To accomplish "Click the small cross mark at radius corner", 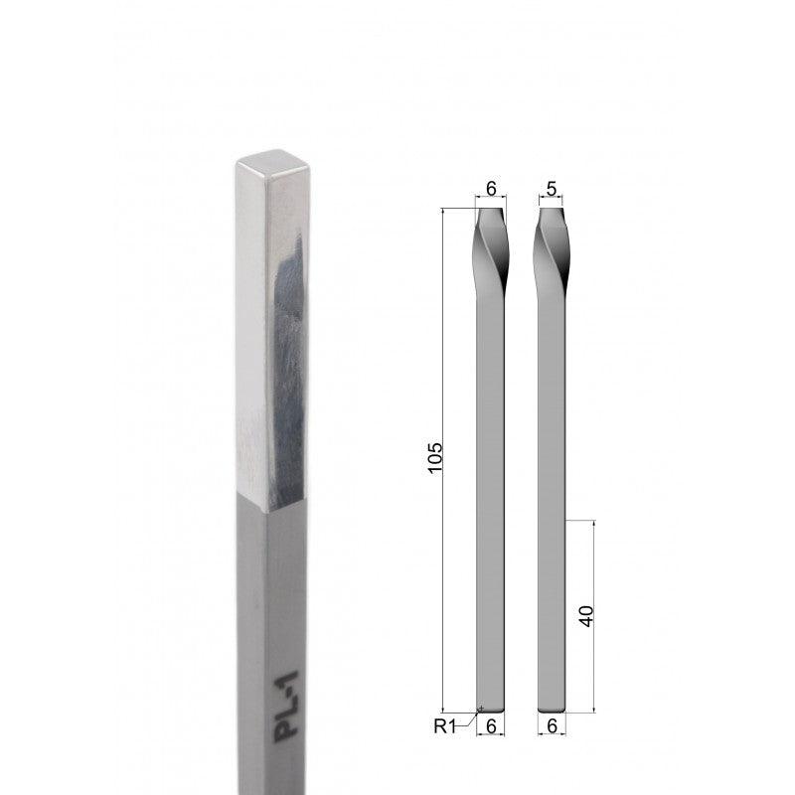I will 481,709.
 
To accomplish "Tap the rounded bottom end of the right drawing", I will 553,708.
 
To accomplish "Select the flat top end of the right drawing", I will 553,208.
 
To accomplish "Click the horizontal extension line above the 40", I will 581,520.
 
